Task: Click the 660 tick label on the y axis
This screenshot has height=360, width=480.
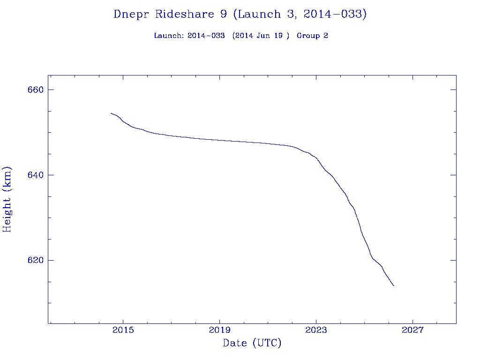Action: [35, 90]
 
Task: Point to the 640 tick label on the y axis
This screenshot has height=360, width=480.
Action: [35, 175]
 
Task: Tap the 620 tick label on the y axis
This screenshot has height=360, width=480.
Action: [35, 260]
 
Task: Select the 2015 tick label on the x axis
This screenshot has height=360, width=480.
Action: [123, 330]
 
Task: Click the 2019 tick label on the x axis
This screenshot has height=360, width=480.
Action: [219, 330]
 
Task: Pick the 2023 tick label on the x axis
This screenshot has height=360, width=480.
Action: [316, 330]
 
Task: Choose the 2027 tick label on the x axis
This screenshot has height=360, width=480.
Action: [412, 330]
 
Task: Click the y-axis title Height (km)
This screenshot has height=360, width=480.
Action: [7, 199]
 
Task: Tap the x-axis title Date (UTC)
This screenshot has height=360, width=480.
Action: [252, 343]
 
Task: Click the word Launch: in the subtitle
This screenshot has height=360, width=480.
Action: [169, 36]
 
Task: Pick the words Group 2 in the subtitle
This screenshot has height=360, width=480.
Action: [312, 36]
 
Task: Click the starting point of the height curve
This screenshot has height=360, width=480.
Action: [111, 113]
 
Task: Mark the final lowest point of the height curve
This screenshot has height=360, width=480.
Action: [394, 285]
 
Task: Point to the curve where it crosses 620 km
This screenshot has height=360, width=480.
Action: [372, 258]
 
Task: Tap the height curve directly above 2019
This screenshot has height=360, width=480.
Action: [219, 140]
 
